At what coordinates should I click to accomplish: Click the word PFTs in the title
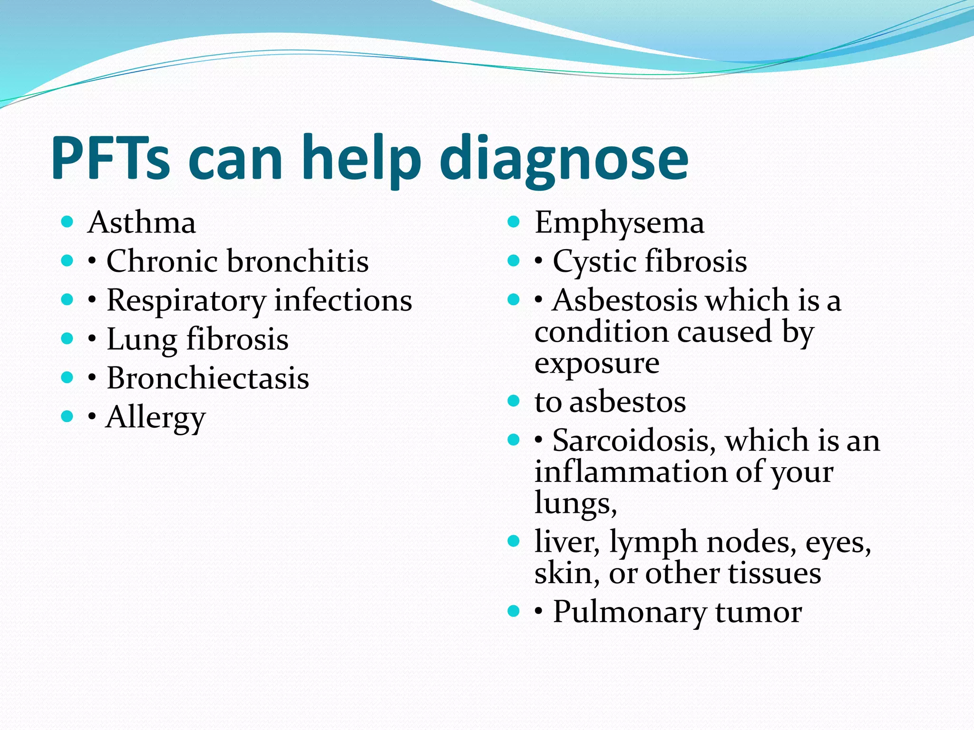tap(110, 158)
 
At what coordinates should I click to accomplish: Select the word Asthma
tap(142, 222)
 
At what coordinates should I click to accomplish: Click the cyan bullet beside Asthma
tap(67, 221)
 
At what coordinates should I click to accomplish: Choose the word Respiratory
tap(186, 301)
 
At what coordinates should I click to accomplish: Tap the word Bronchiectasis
tap(208, 378)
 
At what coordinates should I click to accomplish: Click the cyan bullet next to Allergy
tap(67, 417)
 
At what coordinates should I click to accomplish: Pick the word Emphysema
tap(619, 223)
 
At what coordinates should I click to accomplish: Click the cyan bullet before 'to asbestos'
tap(514, 401)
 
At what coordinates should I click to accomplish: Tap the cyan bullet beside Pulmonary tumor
tap(514, 611)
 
